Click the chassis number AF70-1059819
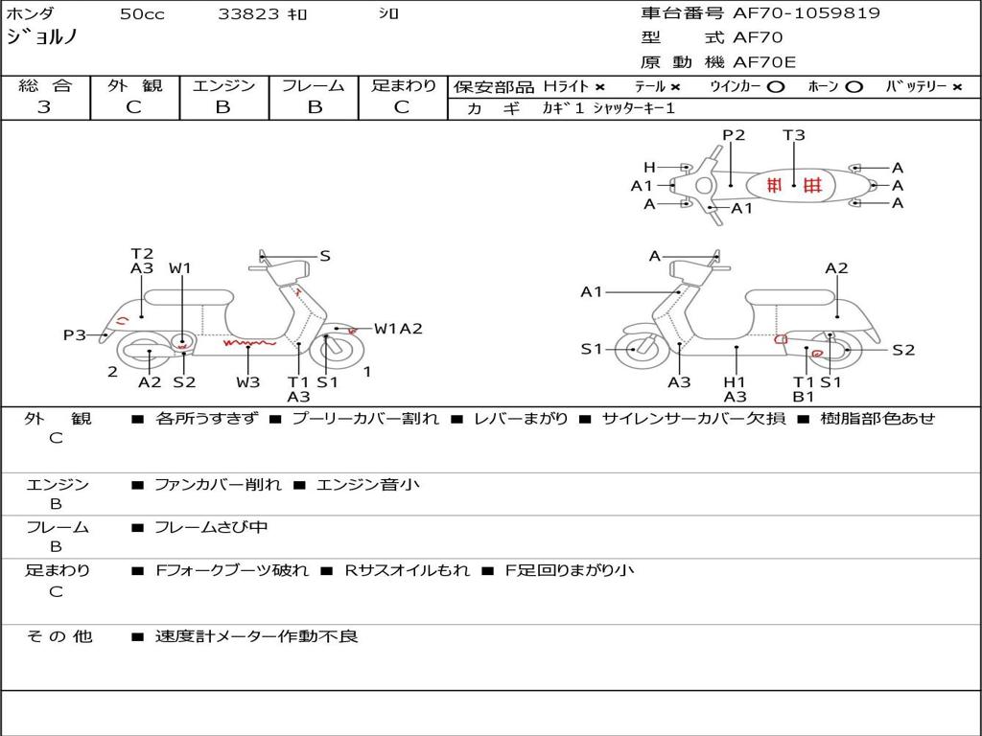tap(792, 13)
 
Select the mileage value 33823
tap(248, 14)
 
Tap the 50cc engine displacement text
tap(142, 14)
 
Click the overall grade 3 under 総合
tap(44, 107)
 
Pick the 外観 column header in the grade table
tap(134, 85)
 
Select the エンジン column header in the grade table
tap(223, 85)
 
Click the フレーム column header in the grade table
tap(314, 85)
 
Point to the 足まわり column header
tap(403, 85)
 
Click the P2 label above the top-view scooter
tap(734, 135)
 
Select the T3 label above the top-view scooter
tap(794, 135)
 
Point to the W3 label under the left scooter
tap(248, 382)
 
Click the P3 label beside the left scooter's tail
tap(75, 334)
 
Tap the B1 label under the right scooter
tap(804, 397)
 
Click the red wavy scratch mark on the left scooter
tap(249, 341)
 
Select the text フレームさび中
tap(211, 527)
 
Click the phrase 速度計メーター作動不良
tap(256, 636)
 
